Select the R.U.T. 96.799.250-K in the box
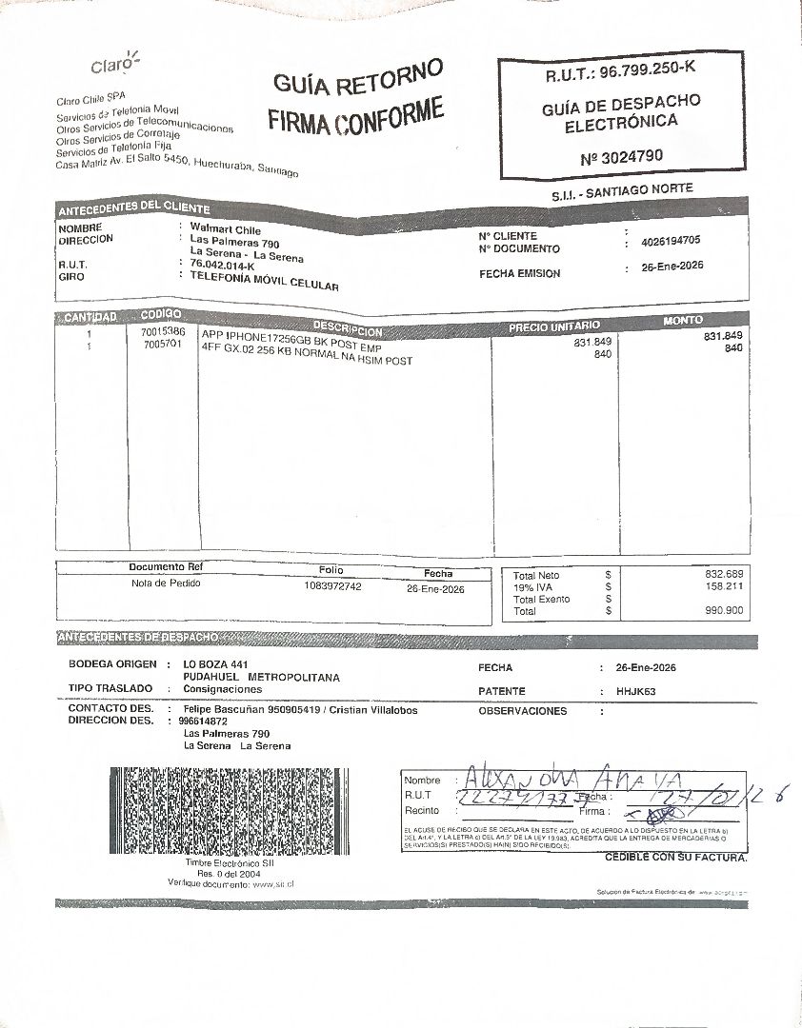click(620, 72)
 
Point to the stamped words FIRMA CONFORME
click(355, 117)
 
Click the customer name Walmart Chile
click(226, 229)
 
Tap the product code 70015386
click(163, 331)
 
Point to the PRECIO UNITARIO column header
click(553, 326)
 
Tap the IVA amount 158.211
click(724, 587)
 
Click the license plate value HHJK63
click(635, 691)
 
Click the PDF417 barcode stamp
click(228, 810)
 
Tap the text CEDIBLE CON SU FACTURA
click(676, 858)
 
